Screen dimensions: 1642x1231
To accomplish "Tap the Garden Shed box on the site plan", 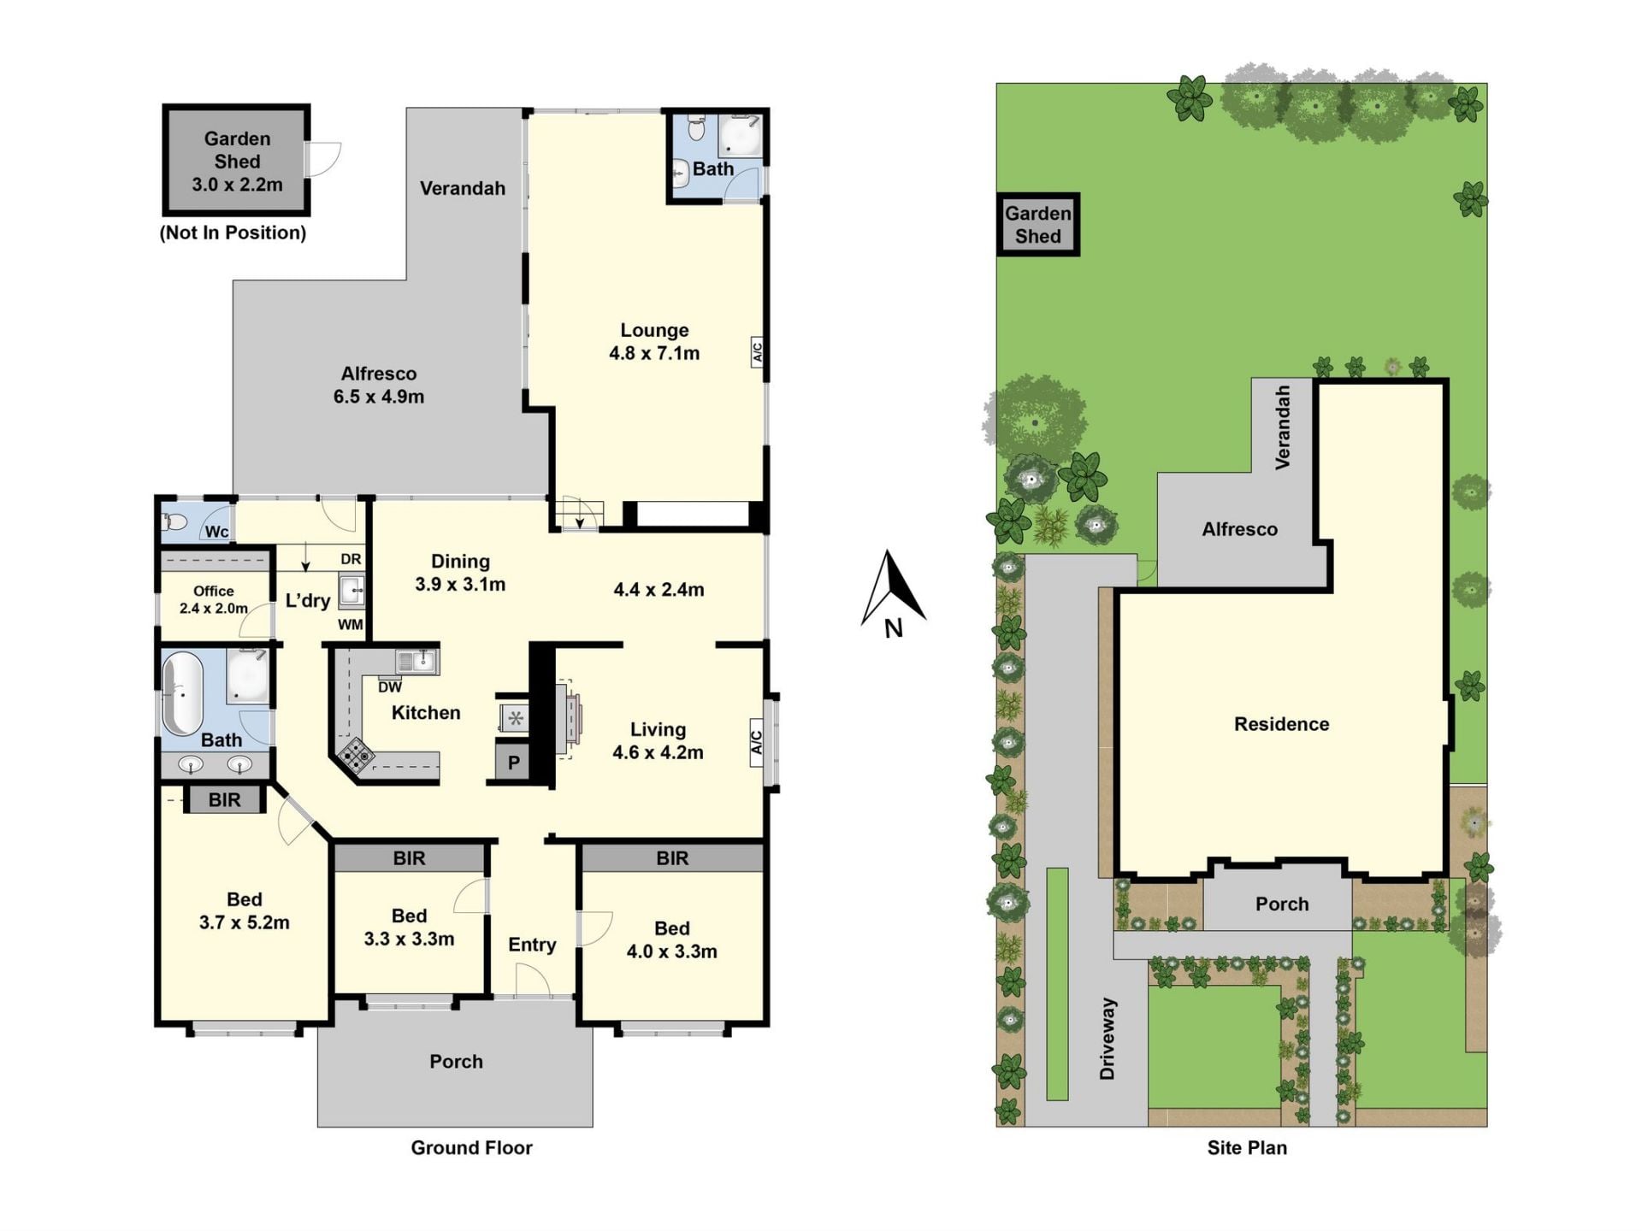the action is pyautogui.click(x=1038, y=225).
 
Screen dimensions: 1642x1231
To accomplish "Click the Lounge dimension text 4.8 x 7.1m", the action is pyautogui.click(x=654, y=353).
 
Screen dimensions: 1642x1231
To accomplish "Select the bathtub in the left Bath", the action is pyautogui.click(x=182, y=694).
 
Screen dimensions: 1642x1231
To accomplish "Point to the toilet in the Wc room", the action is pyautogui.click(x=175, y=521).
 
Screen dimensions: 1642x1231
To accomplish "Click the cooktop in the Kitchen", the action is pyautogui.click(x=357, y=757).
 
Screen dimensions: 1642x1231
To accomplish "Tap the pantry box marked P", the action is pyautogui.click(x=513, y=763).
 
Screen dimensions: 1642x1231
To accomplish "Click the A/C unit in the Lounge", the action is pyautogui.click(x=757, y=352).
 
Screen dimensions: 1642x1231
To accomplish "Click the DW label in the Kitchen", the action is pyautogui.click(x=390, y=687).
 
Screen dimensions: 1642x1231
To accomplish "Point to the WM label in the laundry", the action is pyautogui.click(x=350, y=625).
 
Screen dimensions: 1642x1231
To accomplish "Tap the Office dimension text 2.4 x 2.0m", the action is pyautogui.click(x=214, y=609).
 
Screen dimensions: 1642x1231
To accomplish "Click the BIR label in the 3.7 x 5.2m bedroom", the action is pyautogui.click(x=224, y=800).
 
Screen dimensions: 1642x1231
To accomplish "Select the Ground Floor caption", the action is pyautogui.click(x=471, y=1148).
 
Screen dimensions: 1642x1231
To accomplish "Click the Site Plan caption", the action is pyautogui.click(x=1247, y=1148).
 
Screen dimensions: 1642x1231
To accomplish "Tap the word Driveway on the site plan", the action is pyautogui.click(x=1107, y=1039).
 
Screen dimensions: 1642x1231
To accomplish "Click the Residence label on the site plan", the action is pyautogui.click(x=1281, y=724).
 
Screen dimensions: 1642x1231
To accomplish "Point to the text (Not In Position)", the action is pyautogui.click(x=233, y=233).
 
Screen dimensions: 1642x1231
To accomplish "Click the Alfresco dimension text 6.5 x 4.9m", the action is pyautogui.click(x=379, y=397).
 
